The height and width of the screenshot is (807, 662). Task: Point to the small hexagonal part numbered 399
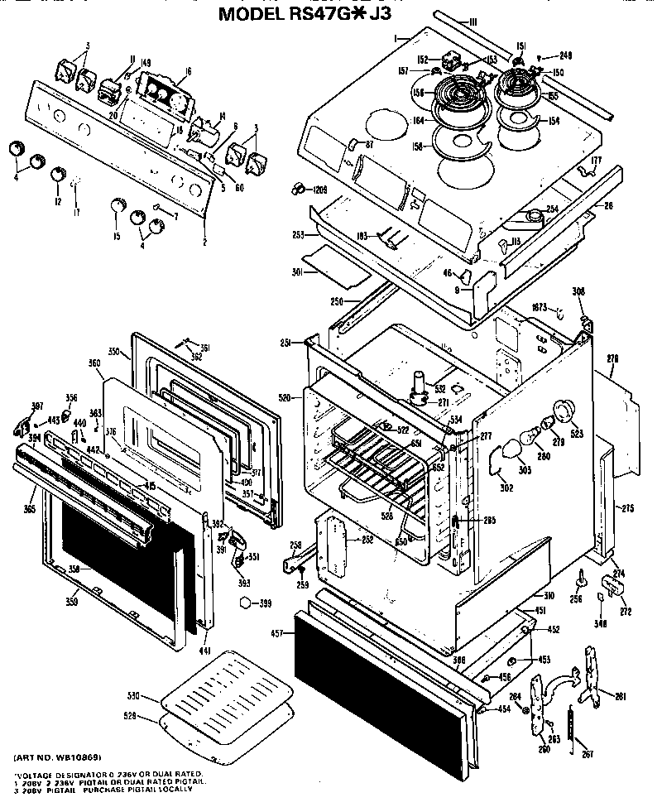pos(244,603)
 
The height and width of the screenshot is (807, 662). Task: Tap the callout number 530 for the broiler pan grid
pos(133,696)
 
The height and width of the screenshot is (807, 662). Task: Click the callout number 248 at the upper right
pos(566,55)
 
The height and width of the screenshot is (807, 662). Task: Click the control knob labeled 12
pos(57,175)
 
